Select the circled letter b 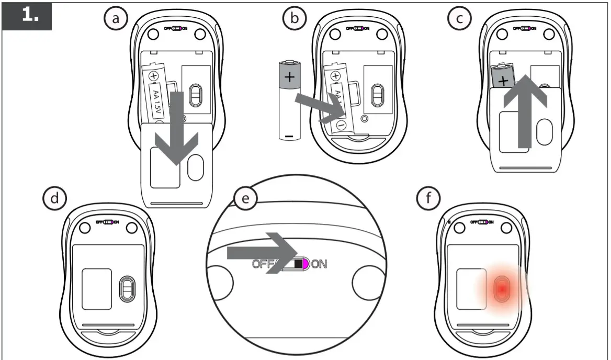click(x=293, y=18)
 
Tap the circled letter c click(x=459, y=18)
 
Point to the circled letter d click(x=54, y=198)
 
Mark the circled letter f click(x=428, y=198)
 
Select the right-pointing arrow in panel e click(x=262, y=254)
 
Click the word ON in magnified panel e click(x=320, y=264)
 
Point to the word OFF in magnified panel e click(x=265, y=264)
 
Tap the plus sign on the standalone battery click(x=289, y=77)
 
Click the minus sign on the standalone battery click(x=289, y=137)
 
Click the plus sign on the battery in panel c click(x=503, y=81)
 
